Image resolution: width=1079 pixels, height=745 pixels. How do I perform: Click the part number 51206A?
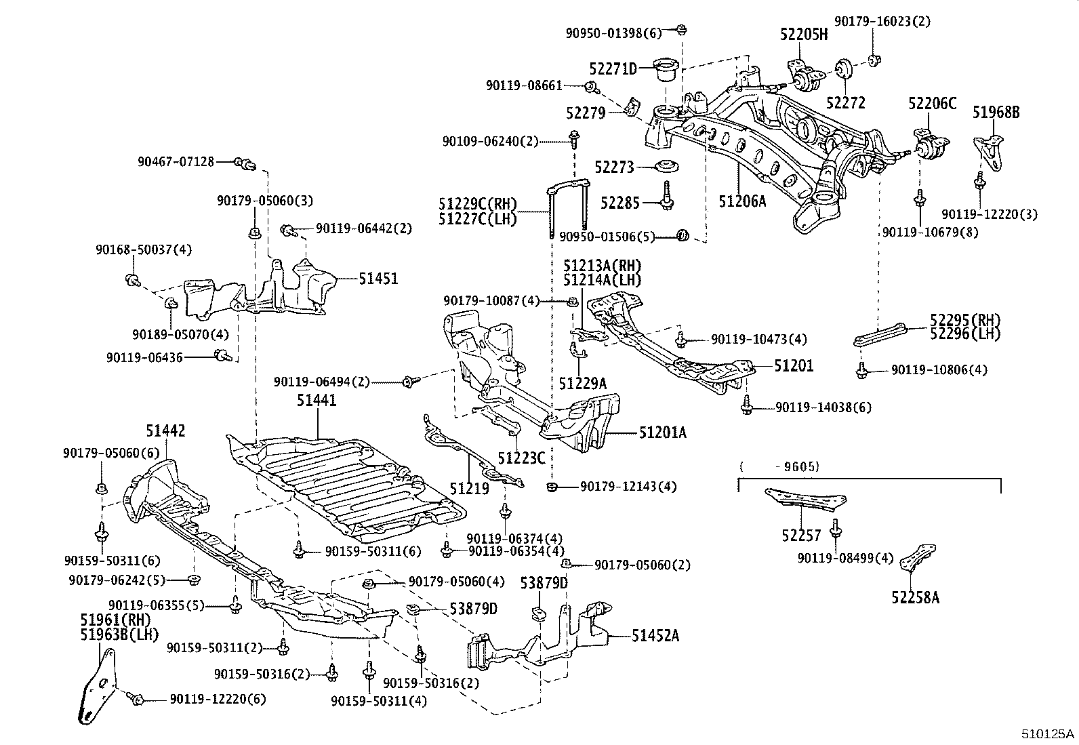coord(742,200)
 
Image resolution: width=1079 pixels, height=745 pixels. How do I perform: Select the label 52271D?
coord(613,68)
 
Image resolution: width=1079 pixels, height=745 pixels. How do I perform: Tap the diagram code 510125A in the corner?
coord(1049,733)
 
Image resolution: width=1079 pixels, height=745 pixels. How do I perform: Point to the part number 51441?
coord(316,401)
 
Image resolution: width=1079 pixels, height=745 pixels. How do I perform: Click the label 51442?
coord(165,430)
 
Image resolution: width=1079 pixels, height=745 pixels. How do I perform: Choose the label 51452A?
coord(655,635)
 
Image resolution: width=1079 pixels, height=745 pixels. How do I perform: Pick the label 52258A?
coord(915,597)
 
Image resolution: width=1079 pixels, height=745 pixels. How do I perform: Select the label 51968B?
coord(996,113)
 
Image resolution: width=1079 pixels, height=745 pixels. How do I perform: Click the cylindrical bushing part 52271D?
coord(665,70)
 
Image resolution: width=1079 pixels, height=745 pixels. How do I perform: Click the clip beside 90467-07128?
coord(244,163)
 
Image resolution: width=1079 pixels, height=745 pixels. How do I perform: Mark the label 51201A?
coord(662,432)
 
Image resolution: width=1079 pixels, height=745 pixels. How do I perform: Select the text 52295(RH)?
coord(964,320)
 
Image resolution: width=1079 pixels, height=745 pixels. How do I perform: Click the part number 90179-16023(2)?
coord(882,21)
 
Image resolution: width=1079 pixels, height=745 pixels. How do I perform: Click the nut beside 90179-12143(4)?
coord(552,486)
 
